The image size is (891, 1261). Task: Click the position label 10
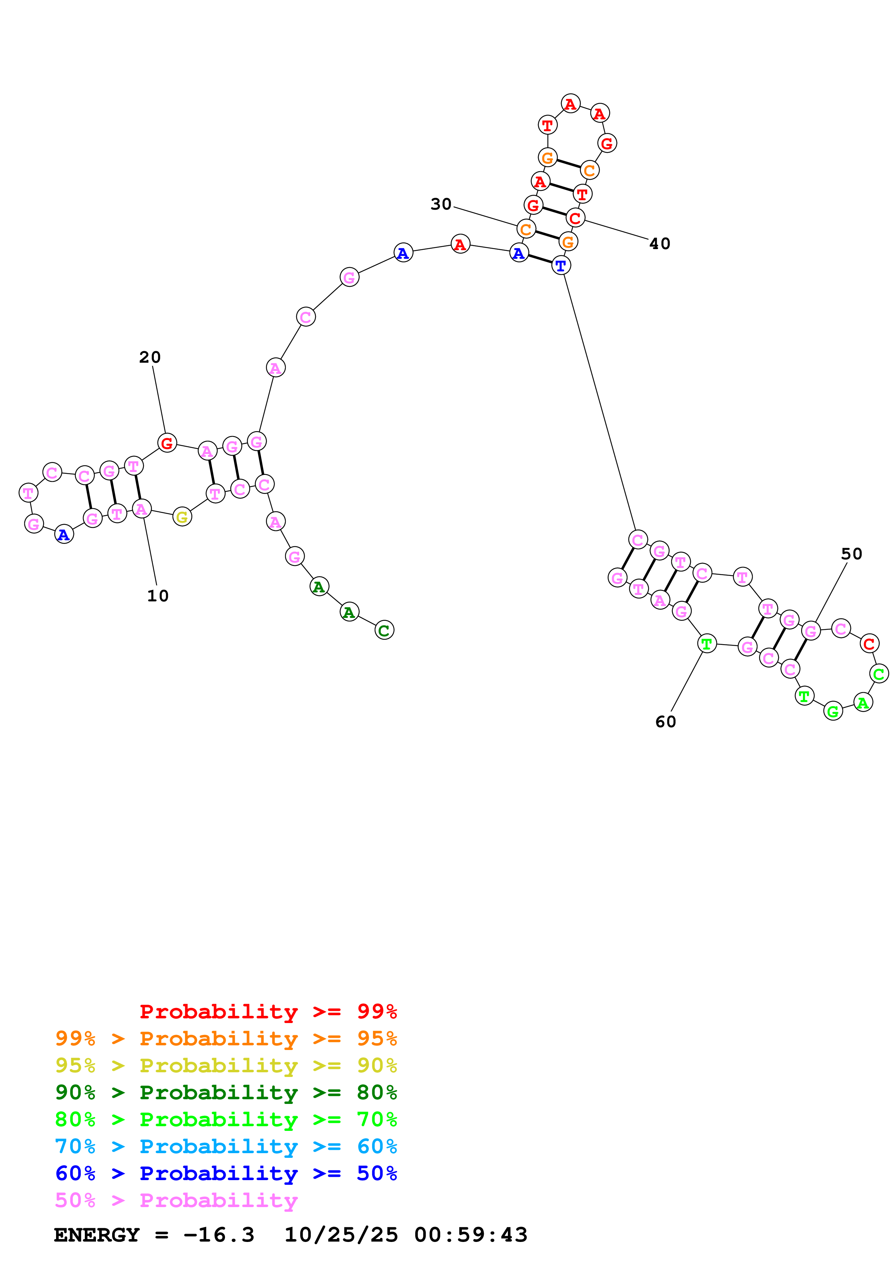(x=157, y=596)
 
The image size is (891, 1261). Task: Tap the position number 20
(x=150, y=358)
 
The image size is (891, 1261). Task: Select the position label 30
(x=441, y=204)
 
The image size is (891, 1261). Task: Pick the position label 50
(x=851, y=554)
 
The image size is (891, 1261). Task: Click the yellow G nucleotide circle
(x=182, y=517)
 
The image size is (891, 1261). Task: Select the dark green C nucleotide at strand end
(x=384, y=630)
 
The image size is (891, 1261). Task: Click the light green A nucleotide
(x=863, y=702)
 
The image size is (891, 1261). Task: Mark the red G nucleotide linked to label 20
(x=167, y=443)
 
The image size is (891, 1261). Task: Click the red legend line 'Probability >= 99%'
(x=268, y=1012)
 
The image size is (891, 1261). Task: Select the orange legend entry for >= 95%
(x=226, y=1038)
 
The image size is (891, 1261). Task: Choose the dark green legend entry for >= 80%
(x=226, y=1092)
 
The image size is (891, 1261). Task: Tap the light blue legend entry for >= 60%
(x=226, y=1146)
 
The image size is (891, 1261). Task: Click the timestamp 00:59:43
(x=470, y=1235)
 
